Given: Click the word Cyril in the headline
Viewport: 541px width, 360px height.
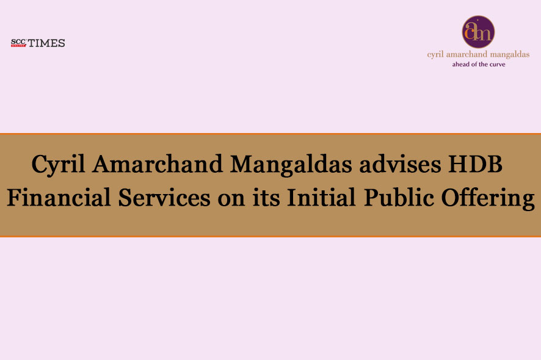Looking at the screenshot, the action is [x=58, y=165].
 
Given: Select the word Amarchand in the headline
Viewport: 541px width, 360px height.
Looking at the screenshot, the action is [x=158, y=164].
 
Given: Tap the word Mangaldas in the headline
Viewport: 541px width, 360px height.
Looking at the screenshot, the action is [x=291, y=165].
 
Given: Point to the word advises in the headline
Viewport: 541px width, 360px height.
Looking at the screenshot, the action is [x=400, y=164].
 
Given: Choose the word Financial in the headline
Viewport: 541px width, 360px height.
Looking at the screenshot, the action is [x=59, y=198].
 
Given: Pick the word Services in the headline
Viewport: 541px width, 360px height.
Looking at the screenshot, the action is [x=164, y=198].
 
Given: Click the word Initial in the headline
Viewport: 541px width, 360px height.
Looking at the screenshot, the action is [x=321, y=198].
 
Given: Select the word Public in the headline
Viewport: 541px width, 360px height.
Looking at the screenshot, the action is [x=399, y=198].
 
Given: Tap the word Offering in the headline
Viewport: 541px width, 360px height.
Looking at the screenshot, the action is [x=488, y=198].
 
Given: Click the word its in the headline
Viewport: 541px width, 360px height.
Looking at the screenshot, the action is [x=266, y=198].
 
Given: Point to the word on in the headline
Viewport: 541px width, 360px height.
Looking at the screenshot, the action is [x=231, y=200].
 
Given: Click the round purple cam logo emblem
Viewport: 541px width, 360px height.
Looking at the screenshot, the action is [x=478, y=32].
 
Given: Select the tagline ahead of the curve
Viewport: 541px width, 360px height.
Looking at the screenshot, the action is [x=479, y=64].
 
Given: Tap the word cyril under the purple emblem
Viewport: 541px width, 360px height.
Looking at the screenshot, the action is [x=435, y=54].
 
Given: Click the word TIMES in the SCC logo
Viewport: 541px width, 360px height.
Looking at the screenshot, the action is [x=46, y=43].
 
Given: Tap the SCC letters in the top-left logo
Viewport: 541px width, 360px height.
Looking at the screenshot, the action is [x=18, y=41].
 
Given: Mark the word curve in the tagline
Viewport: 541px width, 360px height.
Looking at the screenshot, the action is [x=497, y=64].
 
